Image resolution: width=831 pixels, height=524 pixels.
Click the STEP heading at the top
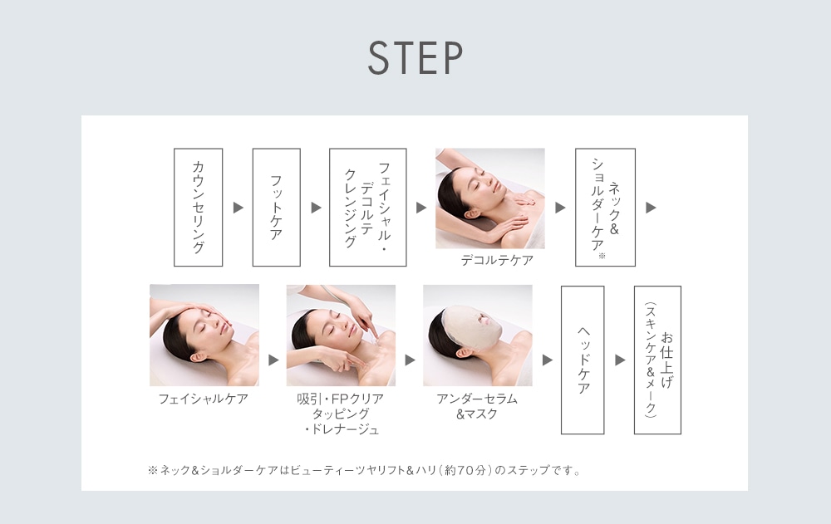(415, 58)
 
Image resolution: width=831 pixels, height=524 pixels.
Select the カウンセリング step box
(198, 208)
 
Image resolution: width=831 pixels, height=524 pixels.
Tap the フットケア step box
(276, 208)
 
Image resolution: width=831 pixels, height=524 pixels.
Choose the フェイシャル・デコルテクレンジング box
(367, 208)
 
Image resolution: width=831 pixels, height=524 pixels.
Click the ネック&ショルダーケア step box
(605, 208)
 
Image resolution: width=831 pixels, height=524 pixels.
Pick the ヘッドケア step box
(583, 360)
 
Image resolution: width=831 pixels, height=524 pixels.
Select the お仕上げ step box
(657, 360)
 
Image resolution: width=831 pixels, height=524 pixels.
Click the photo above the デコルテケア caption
(489, 198)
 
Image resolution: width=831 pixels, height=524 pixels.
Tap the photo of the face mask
(477, 335)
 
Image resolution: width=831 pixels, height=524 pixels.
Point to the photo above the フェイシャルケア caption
(204, 335)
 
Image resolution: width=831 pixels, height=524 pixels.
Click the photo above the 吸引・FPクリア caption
(341, 335)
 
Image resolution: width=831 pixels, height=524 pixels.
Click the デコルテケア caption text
(497, 261)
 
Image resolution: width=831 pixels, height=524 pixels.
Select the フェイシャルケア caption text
(204, 399)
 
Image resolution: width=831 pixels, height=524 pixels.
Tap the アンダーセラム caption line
(477, 399)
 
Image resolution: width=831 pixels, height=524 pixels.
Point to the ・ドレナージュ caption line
(341, 429)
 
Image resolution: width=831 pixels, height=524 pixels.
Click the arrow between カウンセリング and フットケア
(238, 208)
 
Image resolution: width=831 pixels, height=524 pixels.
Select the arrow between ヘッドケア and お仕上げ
(620, 360)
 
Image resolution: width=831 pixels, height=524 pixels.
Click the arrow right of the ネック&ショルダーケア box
(651, 208)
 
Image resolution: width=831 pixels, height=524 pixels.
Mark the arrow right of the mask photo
(547, 360)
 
